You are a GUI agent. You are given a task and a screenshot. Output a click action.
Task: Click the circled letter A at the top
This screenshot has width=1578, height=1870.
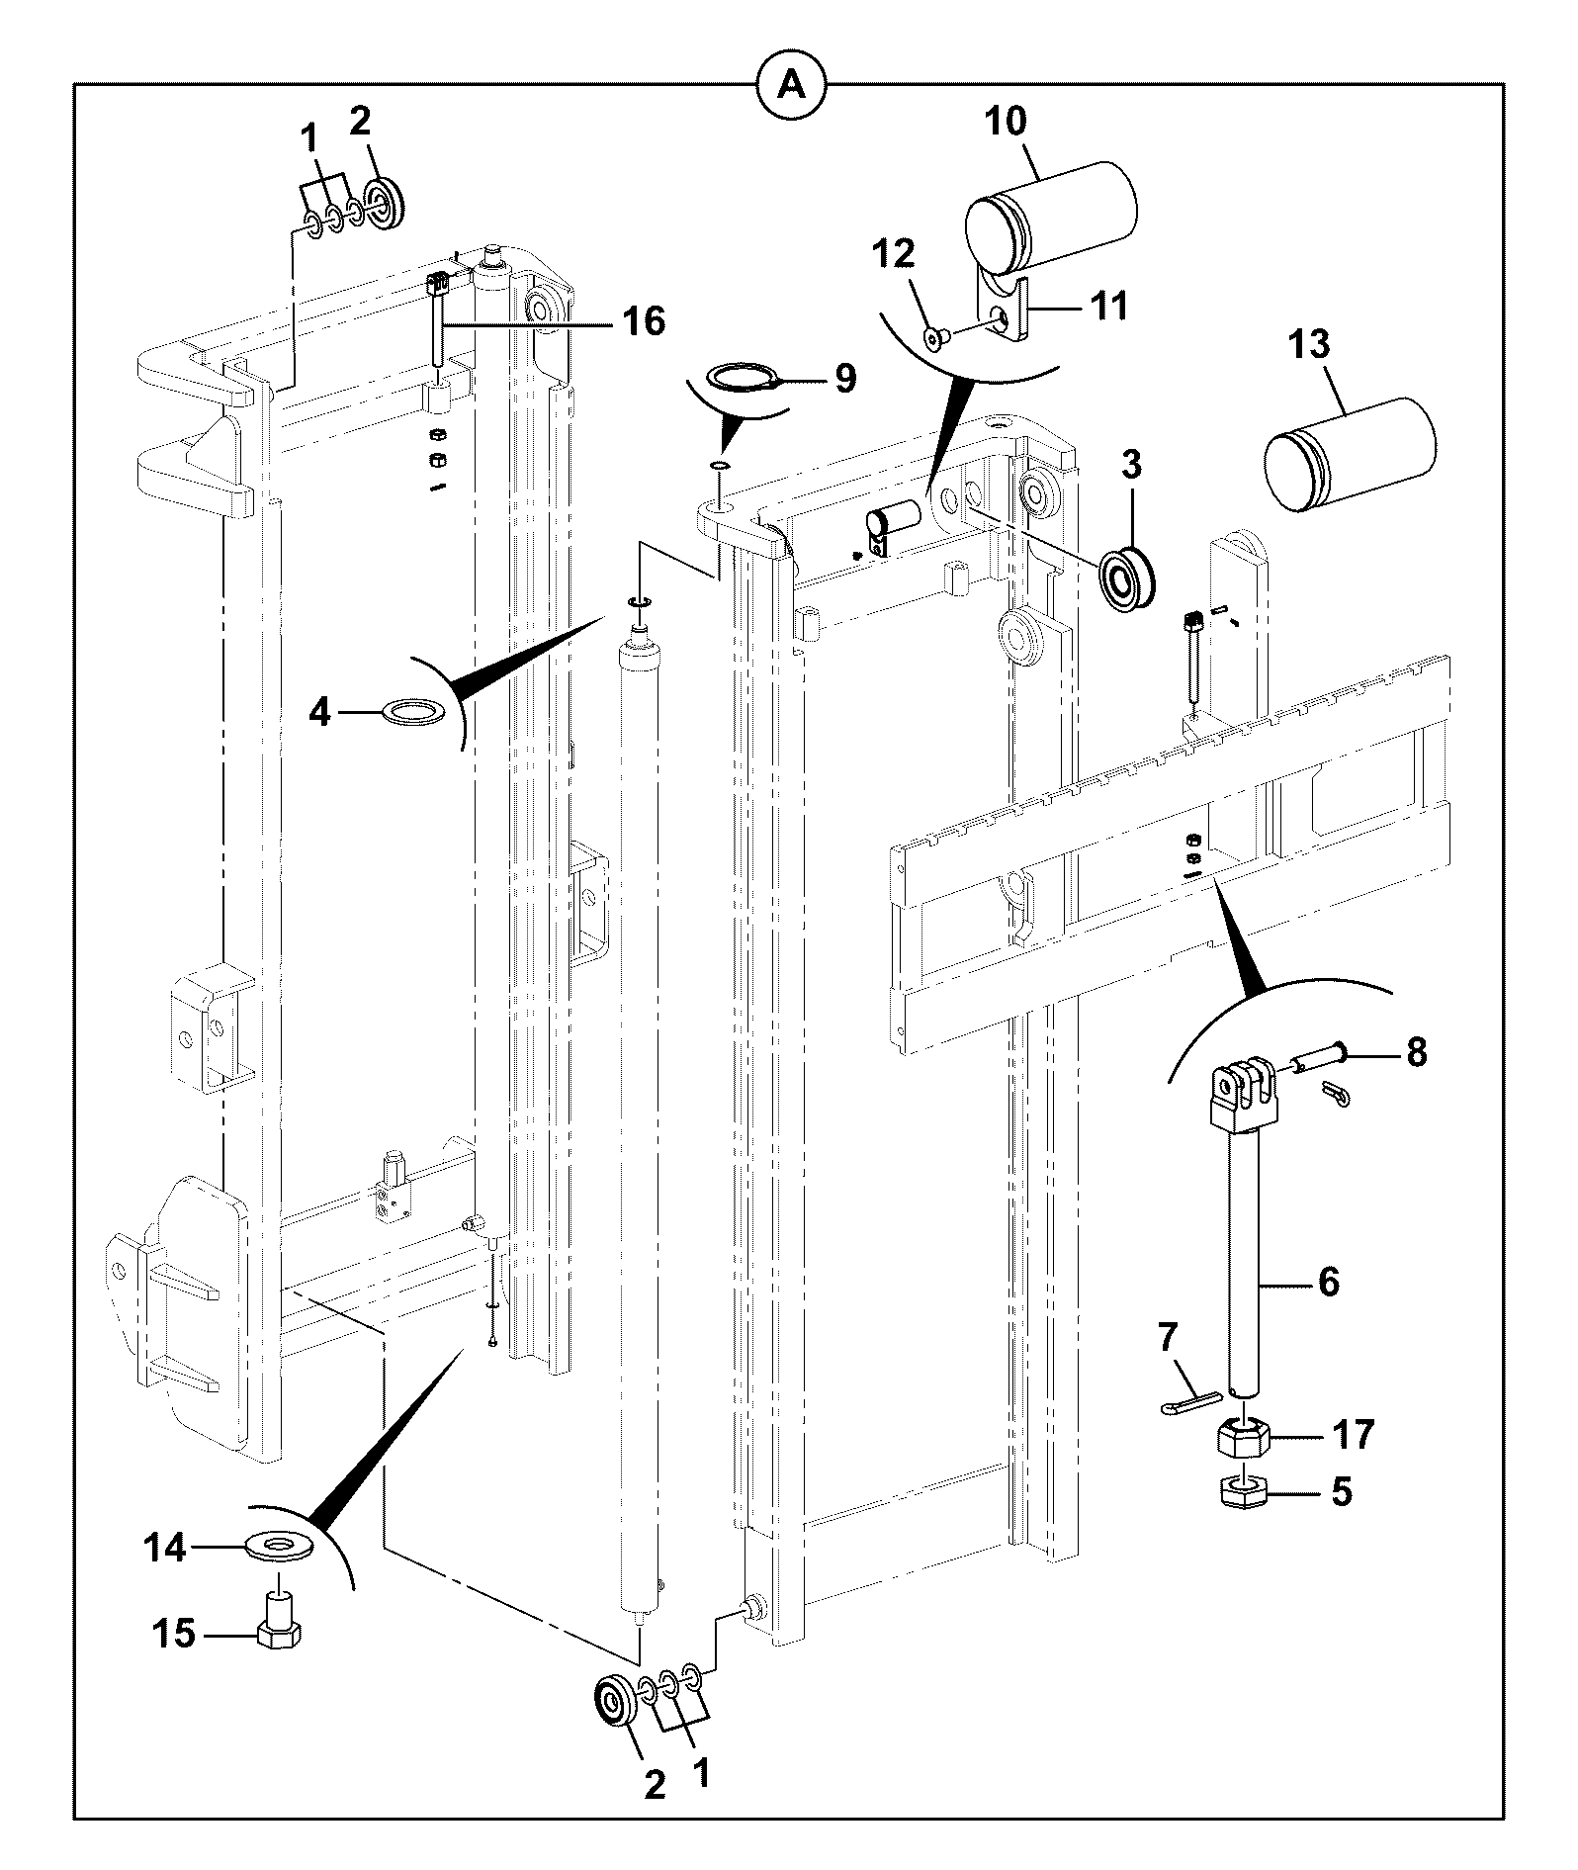[789, 85]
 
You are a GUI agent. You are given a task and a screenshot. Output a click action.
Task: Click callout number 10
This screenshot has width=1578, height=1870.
[1006, 122]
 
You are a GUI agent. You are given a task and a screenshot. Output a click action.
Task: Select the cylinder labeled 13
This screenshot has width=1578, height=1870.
[1351, 454]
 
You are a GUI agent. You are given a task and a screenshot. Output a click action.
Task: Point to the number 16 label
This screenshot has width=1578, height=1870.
[644, 321]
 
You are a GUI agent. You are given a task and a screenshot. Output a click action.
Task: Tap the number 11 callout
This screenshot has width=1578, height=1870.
[1109, 305]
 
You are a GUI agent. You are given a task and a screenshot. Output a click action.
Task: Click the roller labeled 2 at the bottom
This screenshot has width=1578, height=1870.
[615, 1699]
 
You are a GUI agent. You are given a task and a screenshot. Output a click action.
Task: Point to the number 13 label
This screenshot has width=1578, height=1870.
[1309, 346]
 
